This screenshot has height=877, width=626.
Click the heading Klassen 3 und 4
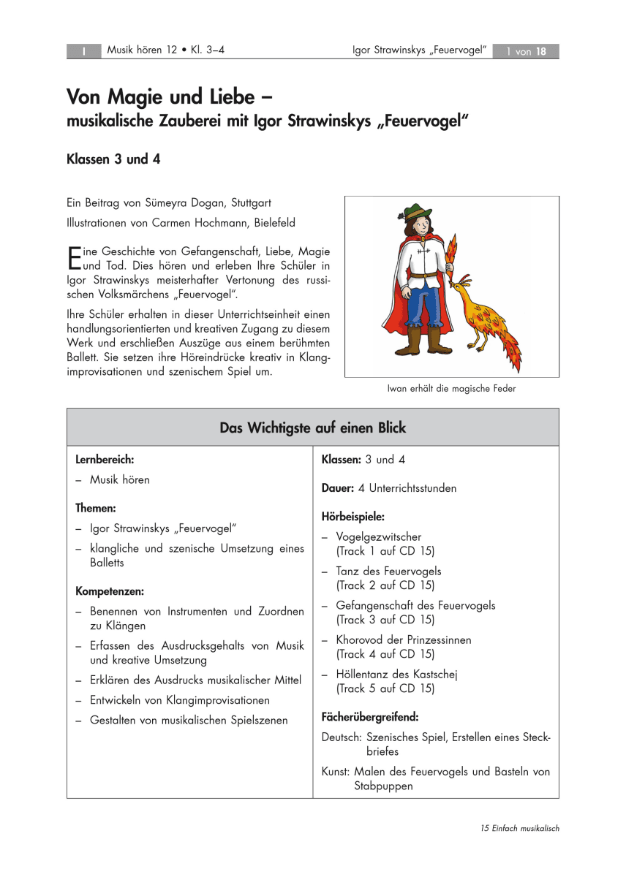113,159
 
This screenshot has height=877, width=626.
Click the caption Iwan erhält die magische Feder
451,389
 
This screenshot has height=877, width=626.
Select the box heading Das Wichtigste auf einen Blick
312,428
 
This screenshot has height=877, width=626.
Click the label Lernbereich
105,460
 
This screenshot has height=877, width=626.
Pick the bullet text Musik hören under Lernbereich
119,480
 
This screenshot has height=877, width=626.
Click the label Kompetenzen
110,591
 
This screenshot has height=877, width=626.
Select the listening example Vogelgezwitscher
378,537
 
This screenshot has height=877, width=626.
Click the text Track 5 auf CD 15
385,688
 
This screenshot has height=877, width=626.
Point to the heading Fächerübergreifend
369,717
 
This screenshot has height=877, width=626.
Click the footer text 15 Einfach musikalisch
520,828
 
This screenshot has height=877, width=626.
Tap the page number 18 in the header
541,51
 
